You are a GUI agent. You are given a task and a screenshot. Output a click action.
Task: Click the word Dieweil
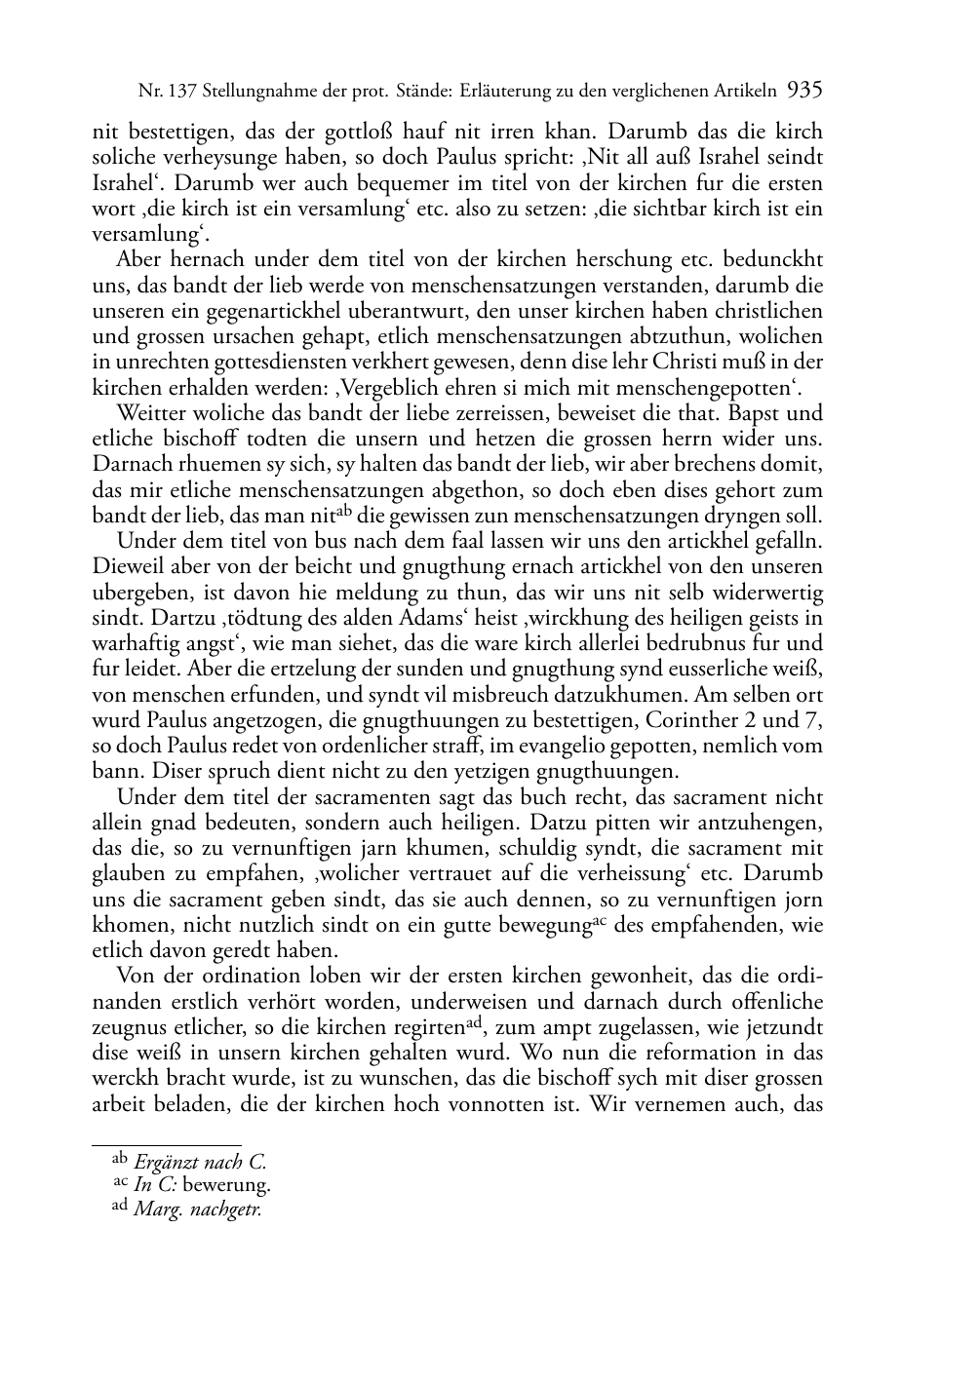126,566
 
